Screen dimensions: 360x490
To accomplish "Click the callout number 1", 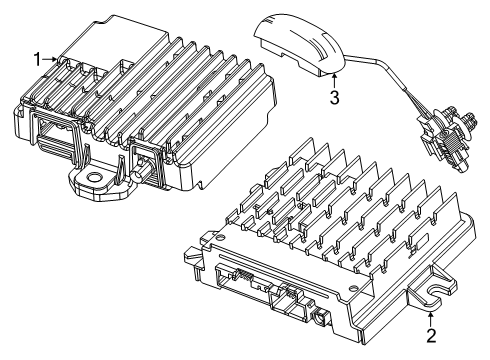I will (37, 60).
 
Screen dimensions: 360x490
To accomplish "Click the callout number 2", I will (431, 336).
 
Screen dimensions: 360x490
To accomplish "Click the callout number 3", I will (335, 97).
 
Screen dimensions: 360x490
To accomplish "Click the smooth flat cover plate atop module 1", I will (110, 45).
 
